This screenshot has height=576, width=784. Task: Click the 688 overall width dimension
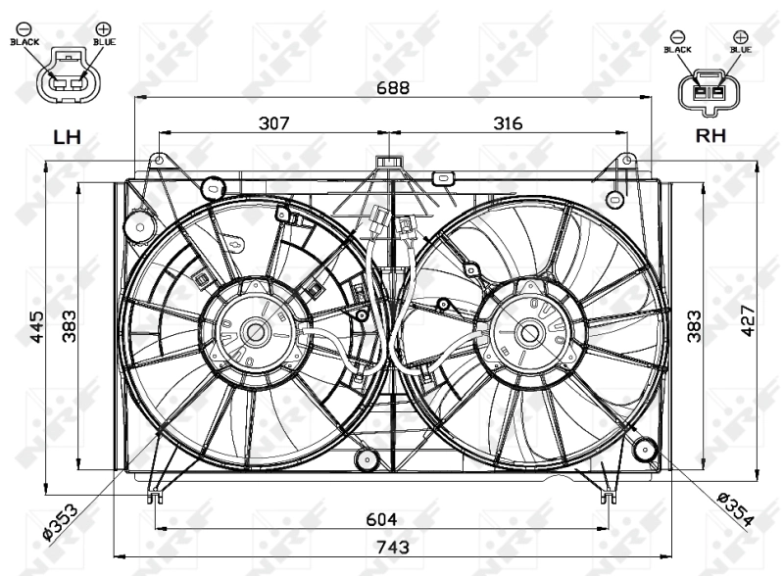point(395,87)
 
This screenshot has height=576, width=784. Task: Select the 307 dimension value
point(274,123)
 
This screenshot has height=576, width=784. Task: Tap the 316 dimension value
point(507,123)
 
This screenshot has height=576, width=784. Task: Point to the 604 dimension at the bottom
point(382,520)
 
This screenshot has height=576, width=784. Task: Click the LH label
point(67,137)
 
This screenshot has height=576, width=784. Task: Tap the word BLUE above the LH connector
point(103,42)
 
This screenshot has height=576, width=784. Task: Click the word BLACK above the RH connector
point(678,49)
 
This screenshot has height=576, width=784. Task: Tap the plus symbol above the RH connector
point(740,36)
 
